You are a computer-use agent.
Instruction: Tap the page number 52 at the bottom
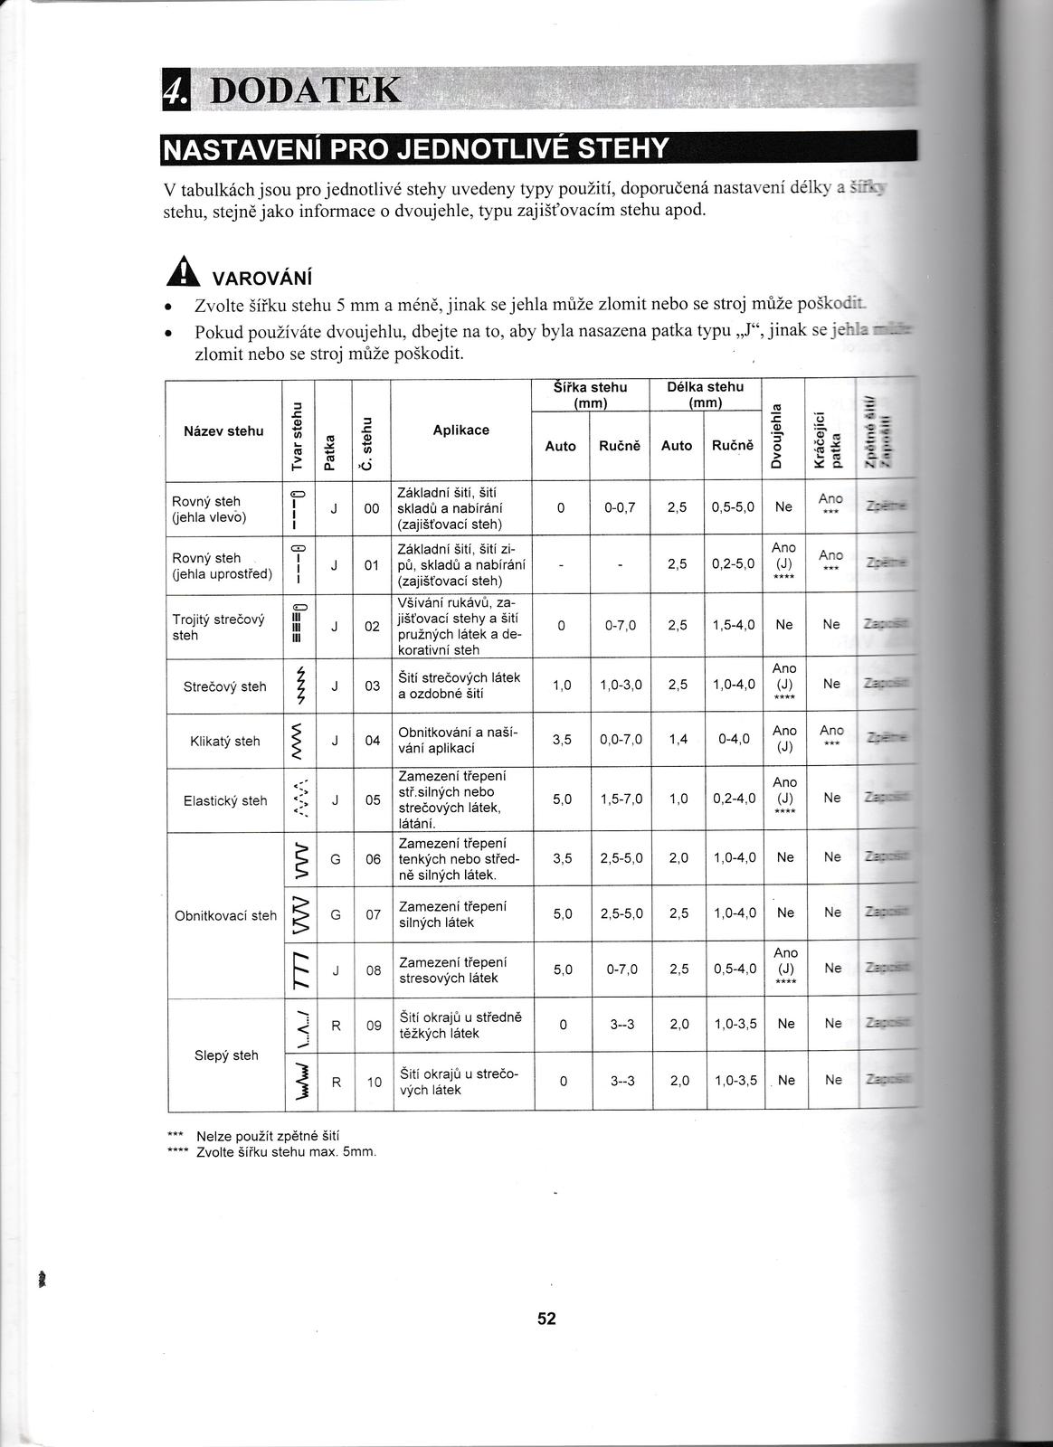(x=546, y=1319)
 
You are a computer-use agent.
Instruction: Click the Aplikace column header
(x=460, y=430)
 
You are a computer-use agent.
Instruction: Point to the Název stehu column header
(x=223, y=431)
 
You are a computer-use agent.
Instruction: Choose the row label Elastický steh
(x=225, y=800)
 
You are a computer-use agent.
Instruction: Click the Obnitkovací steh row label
(x=225, y=915)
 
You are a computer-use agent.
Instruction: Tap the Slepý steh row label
(x=226, y=1055)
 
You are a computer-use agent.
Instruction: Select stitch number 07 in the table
(x=374, y=914)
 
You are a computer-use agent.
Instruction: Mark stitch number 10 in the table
(x=375, y=1081)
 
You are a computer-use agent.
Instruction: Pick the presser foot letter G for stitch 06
(x=336, y=858)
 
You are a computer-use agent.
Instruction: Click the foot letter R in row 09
(x=336, y=1026)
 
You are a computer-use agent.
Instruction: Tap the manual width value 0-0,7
(x=620, y=508)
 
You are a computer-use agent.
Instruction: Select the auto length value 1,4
(x=678, y=740)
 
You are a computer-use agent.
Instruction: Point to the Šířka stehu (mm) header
(x=590, y=394)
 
